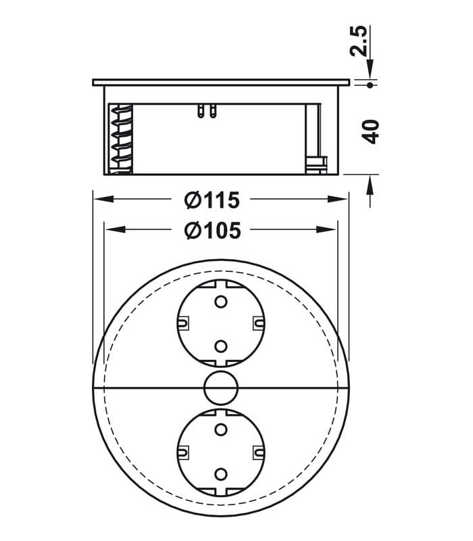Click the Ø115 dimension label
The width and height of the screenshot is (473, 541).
211,200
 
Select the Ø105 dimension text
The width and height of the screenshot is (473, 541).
211,231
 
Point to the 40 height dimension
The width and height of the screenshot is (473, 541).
371,131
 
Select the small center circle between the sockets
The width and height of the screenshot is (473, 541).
220,387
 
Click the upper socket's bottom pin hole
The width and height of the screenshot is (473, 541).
220,346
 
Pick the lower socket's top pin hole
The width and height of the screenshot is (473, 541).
220,428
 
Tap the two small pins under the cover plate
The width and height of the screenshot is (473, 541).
207,110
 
